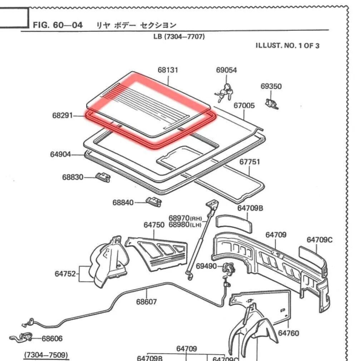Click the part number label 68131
click(168, 70)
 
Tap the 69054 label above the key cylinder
click(226, 70)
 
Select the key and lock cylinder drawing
click(224, 93)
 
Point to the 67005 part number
click(244, 105)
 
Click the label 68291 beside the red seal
click(63, 116)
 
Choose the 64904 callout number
click(60, 154)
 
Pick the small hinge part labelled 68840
click(154, 202)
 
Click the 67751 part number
click(249, 162)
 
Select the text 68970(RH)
click(185, 218)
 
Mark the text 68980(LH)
click(185, 224)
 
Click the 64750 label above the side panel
click(154, 225)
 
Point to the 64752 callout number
click(65, 274)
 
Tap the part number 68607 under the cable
click(146, 302)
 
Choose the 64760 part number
click(288, 333)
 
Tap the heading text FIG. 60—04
click(58, 25)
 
